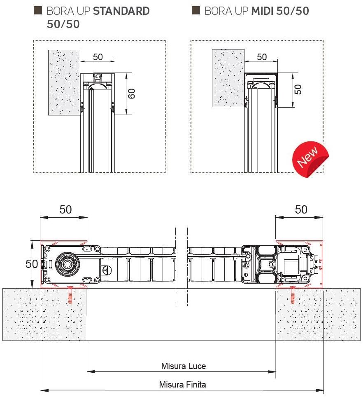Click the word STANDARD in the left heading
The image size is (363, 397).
tap(121, 11)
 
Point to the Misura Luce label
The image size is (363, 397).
tap(183, 366)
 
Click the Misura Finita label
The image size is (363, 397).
tap(182, 385)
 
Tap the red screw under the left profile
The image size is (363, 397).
tap(70, 294)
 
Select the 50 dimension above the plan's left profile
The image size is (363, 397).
tap(65, 209)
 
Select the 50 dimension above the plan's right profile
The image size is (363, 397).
tap(301, 209)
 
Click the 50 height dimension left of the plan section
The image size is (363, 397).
tap(32, 264)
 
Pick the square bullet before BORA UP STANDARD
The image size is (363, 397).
tap(37, 11)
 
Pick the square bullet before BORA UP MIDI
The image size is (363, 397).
tap(195, 11)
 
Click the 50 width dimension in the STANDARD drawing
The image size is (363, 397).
tap(98, 57)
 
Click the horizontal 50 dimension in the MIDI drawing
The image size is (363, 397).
tap(262, 57)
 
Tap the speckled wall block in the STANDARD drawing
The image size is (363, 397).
tap(64, 82)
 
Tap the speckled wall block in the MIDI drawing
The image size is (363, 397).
tap(228, 78)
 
